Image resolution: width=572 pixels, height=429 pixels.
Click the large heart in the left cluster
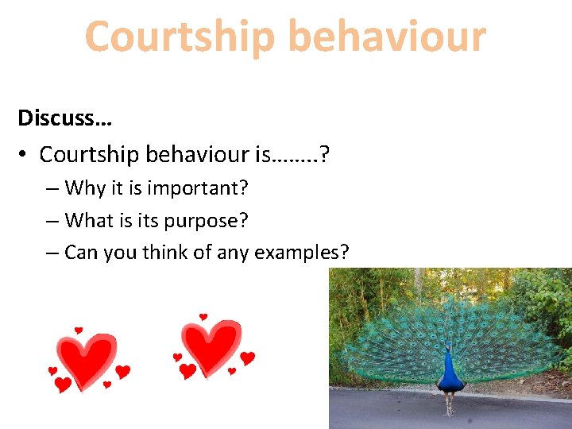click(x=86, y=358)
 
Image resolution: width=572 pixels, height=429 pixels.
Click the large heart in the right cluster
click(x=211, y=346)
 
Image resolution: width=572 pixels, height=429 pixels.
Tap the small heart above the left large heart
click(x=79, y=330)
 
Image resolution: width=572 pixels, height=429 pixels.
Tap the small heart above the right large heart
click(x=203, y=317)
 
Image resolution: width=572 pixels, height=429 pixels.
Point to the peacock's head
click(x=447, y=347)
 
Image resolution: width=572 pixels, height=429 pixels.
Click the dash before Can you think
click(x=52, y=253)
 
